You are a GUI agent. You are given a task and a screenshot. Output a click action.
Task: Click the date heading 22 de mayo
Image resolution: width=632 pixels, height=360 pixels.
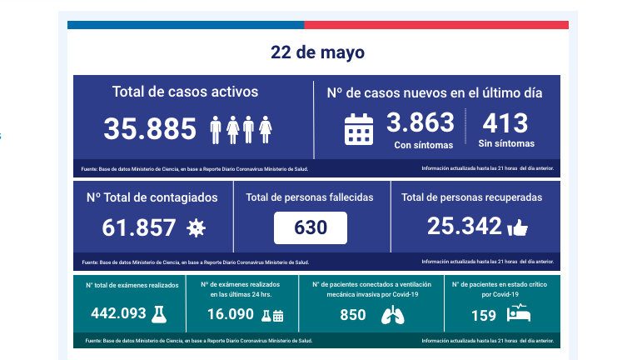pos(317,52)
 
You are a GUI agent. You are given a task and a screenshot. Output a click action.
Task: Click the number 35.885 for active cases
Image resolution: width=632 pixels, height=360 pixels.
pos(148,128)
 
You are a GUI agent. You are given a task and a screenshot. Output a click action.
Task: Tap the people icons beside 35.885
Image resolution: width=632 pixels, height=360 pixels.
pos(240,129)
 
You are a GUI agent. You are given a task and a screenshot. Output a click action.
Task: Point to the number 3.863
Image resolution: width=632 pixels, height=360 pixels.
pos(420,123)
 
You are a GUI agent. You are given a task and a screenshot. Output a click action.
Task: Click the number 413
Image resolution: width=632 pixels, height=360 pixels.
pos(505,123)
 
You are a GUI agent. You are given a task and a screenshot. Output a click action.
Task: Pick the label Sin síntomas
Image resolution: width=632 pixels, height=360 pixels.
pos(505,145)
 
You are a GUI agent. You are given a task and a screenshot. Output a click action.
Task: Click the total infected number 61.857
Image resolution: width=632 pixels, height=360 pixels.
pos(139,227)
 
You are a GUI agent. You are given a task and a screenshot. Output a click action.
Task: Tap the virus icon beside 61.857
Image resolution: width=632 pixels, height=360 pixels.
pos(196,227)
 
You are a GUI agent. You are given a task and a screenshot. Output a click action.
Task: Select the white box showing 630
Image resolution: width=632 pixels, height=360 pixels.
pos(310,227)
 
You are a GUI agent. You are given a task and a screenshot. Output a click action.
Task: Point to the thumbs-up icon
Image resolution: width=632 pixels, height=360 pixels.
pos(518,227)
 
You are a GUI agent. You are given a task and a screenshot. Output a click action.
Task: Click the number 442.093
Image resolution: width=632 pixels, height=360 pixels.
pos(118,314)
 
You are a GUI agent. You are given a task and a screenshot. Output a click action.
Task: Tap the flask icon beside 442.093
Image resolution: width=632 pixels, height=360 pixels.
pos(157,314)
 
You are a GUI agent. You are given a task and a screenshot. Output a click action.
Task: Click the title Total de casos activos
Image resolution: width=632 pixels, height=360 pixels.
pos(185,92)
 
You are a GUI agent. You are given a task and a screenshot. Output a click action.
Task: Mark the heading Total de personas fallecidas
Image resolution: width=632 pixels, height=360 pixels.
pos(310,197)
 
